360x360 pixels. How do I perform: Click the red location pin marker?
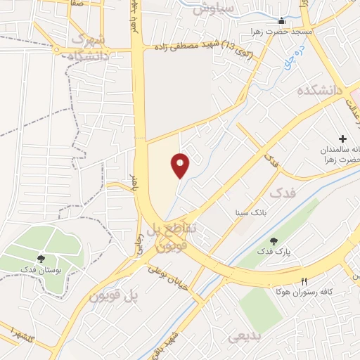181,165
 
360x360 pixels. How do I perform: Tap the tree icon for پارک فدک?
274,241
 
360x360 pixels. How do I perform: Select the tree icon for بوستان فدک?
41,258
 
